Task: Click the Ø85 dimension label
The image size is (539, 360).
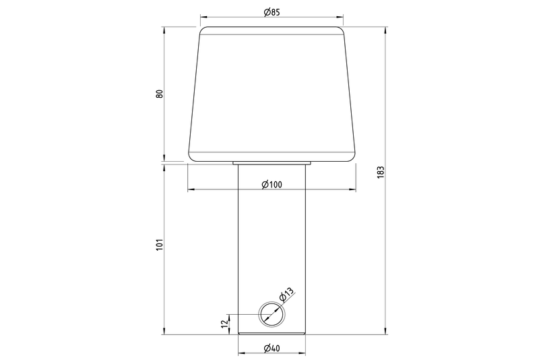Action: (x=272, y=12)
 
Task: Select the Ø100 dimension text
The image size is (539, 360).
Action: (x=272, y=185)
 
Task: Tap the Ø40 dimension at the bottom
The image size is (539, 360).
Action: (x=272, y=349)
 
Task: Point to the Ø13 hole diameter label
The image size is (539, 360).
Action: (x=287, y=295)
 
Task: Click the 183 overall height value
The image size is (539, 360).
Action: (x=381, y=172)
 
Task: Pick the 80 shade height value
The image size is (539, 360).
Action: (x=160, y=94)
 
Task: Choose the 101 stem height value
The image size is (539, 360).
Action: (x=160, y=244)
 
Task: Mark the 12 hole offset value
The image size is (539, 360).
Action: (x=224, y=323)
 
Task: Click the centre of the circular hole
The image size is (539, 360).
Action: (x=272, y=314)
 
